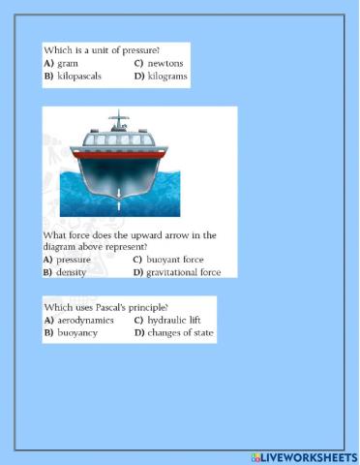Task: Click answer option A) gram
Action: [61, 63]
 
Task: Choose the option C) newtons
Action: [159, 63]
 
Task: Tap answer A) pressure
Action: [67, 260]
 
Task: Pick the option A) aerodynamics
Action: [78, 320]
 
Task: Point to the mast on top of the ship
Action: [120, 122]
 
